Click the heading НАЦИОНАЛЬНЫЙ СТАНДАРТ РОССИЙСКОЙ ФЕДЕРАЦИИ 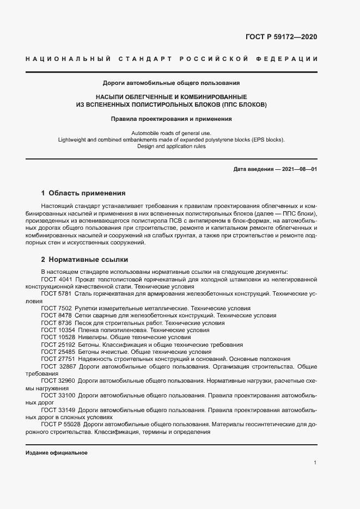click(x=172, y=59)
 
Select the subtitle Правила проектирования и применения click(x=172, y=118)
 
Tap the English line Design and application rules click(x=172, y=146)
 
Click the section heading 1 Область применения click(x=83, y=193)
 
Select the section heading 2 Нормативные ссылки click(x=84, y=260)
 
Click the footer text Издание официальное click(x=57, y=453)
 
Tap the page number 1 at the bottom click(x=315, y=463)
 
